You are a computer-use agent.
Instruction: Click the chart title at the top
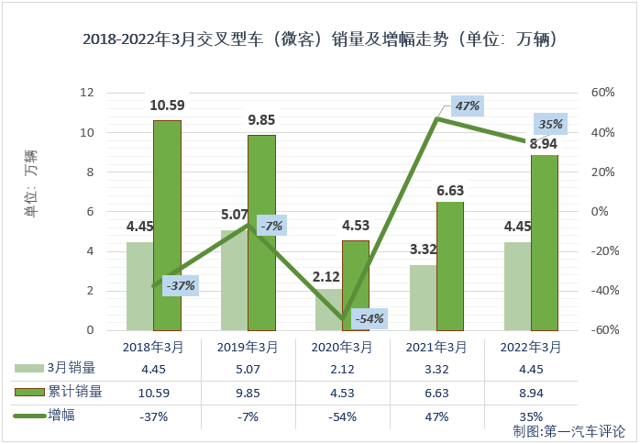pos(320,41)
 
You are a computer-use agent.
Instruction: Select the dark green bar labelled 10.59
pos(167,225)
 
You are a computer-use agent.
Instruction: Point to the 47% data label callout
pos(467,106)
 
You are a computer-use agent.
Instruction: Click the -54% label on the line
pos(370,318)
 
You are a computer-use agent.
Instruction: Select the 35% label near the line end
pos(550,124)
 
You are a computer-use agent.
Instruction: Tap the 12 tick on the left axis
pos(88,93)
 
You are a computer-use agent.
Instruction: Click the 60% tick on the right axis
pos(601,93)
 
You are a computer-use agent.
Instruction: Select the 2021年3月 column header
pos(437,348)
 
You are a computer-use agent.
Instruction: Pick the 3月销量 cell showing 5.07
pos(248,369)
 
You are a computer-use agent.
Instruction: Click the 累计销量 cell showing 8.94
pos(532,392)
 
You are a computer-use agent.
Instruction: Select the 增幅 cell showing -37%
pos(154,416)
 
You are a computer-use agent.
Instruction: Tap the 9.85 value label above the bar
pos(261,119)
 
